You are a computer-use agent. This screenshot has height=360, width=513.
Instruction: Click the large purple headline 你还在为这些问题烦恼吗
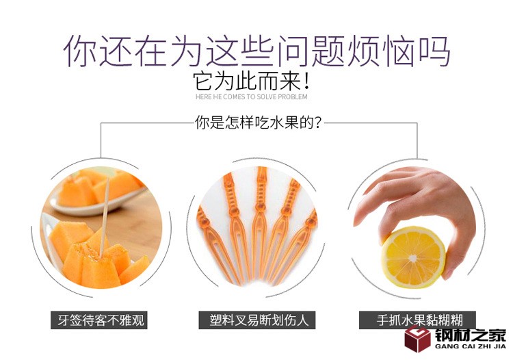tap(256, 51)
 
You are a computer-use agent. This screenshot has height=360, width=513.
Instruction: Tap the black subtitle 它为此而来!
tap(251, 81)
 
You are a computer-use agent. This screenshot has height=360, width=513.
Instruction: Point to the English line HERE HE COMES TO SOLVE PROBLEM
tap(251, 97)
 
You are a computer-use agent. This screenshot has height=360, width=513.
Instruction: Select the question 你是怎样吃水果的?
tap(258, 123)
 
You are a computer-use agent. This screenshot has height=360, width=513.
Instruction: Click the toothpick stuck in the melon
tap(104, 217)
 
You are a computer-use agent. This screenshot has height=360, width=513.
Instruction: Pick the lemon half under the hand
tap(414, 257)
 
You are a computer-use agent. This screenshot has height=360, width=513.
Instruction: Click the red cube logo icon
tap(417, 339)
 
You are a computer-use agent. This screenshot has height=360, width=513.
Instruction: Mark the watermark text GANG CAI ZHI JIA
tap(470, 346)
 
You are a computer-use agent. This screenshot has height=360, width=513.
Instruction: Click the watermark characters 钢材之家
tap(471, 335)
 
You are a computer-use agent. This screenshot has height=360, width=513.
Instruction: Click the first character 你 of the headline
tap(80, 51)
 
